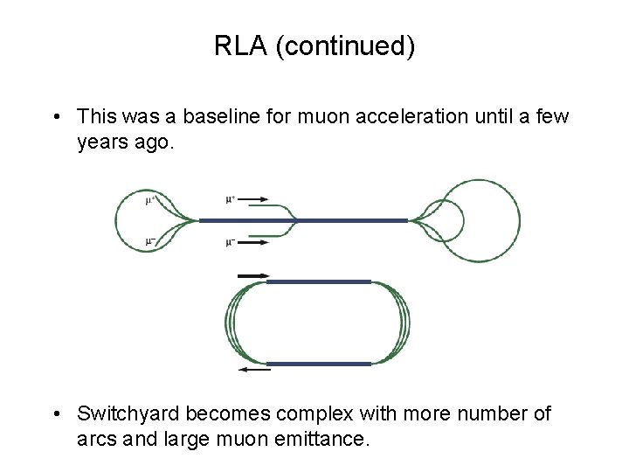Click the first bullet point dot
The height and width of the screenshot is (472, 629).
[55, 116]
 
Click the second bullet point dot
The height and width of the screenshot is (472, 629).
[55, 413]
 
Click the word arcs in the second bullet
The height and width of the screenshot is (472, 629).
[96, 438]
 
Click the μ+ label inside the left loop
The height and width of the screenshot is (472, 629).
[150, 200]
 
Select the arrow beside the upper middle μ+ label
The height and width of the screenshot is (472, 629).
[253, 198]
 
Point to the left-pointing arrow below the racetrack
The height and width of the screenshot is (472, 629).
[254, 371]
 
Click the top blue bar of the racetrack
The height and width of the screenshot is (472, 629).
[318, 281]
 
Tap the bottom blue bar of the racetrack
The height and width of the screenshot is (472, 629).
[318, 363]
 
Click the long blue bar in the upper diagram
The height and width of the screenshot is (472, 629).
[303, 220]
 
